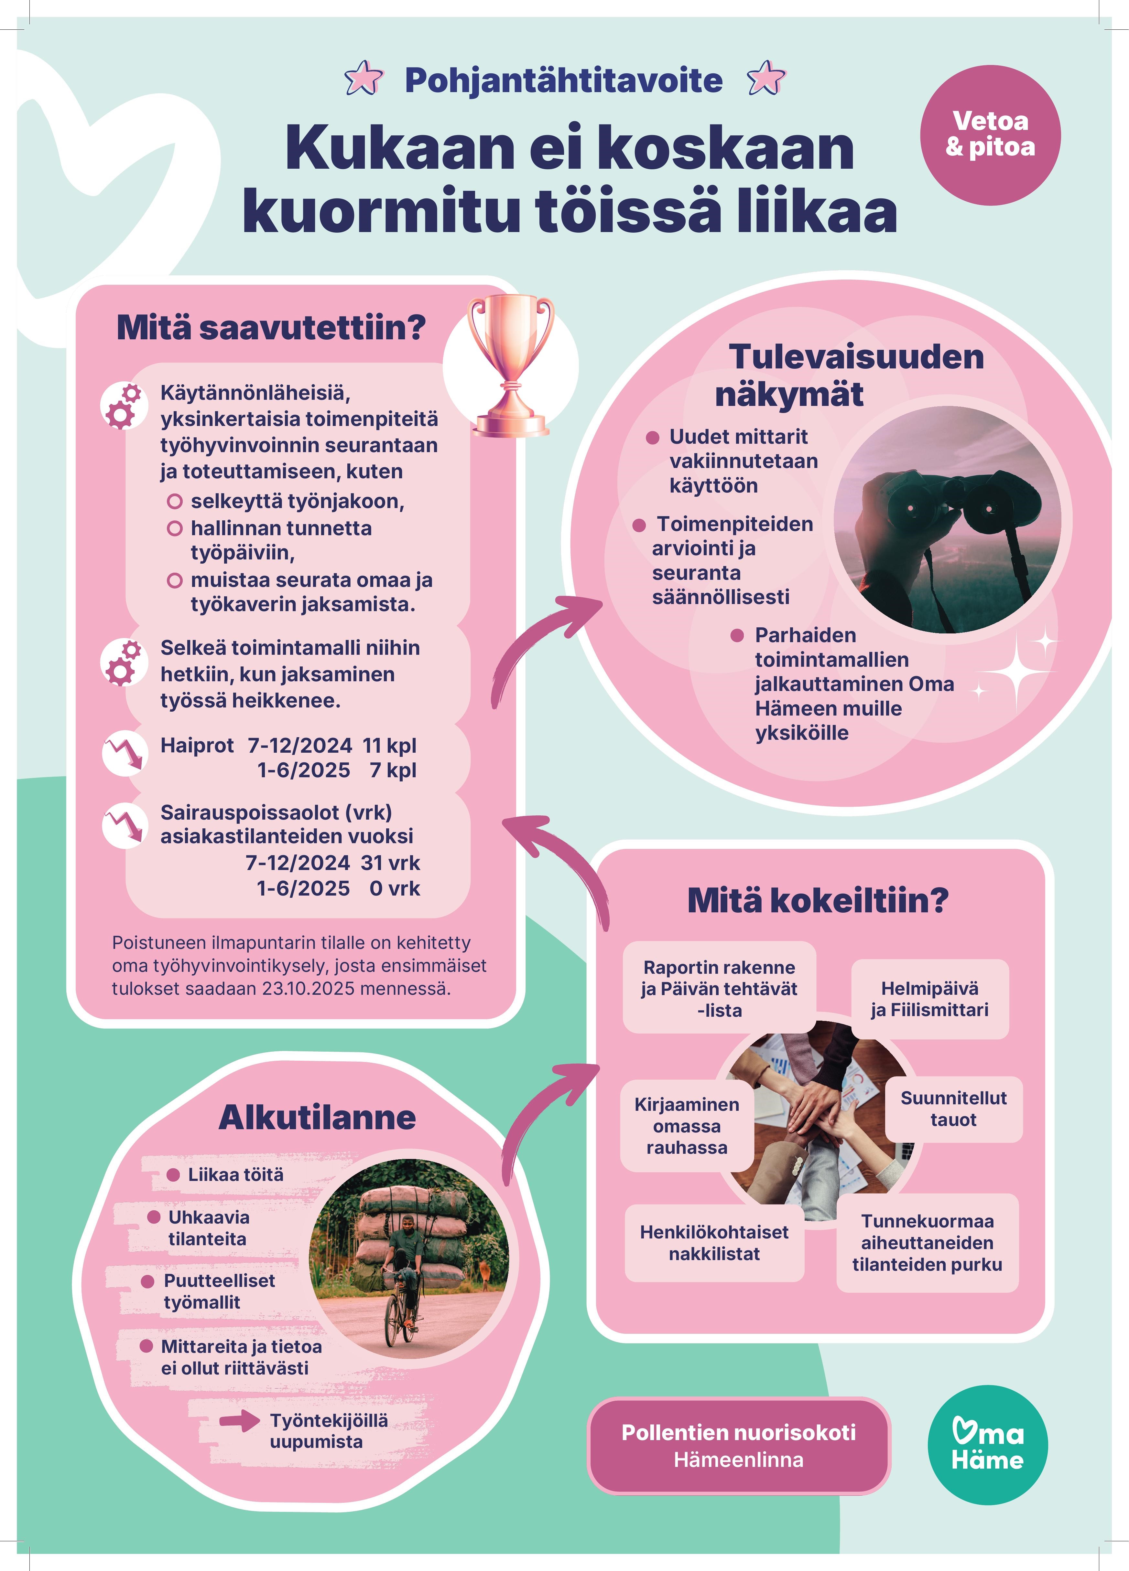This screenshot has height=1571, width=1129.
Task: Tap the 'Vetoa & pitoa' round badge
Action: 990,135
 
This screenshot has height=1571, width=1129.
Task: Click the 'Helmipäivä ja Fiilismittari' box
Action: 929,999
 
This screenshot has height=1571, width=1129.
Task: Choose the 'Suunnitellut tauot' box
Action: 953,1108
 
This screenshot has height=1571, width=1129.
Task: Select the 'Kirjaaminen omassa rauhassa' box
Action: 686,1126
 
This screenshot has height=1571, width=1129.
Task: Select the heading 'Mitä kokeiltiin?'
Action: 818,900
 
